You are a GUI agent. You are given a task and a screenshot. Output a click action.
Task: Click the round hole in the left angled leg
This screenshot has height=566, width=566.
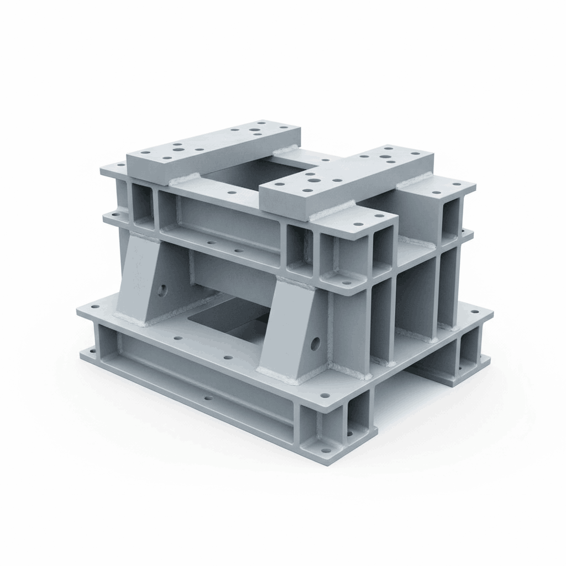pyautogui.click(x=162, y=290)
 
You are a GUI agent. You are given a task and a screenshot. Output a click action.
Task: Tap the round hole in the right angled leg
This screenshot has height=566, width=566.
pyautogui.click(x=315, y=344)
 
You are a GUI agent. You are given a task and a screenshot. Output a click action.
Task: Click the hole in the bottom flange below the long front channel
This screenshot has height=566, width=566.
pyautogui.click(x=208, y=397)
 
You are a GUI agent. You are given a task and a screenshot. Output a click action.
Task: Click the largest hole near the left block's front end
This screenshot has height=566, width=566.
pyautogui.click(x=178, y=149)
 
